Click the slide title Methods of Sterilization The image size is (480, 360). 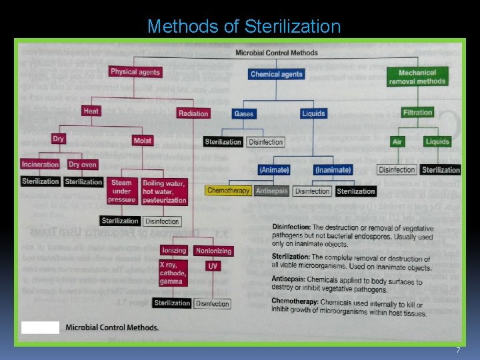243,27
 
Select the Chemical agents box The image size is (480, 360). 276,74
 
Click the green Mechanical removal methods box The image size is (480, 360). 417,77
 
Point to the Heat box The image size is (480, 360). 91,111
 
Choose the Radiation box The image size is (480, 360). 193,113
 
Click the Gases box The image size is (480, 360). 244,114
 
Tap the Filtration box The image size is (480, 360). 417,113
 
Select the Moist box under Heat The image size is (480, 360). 143,141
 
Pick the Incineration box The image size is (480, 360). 40,164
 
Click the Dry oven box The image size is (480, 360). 83,165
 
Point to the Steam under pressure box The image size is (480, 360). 121,191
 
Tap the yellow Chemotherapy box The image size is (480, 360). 228,191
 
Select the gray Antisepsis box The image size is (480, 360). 271,191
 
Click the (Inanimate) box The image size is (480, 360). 333,170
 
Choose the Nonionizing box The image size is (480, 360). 213,251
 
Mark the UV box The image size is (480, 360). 213,266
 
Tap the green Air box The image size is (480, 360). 397,141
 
